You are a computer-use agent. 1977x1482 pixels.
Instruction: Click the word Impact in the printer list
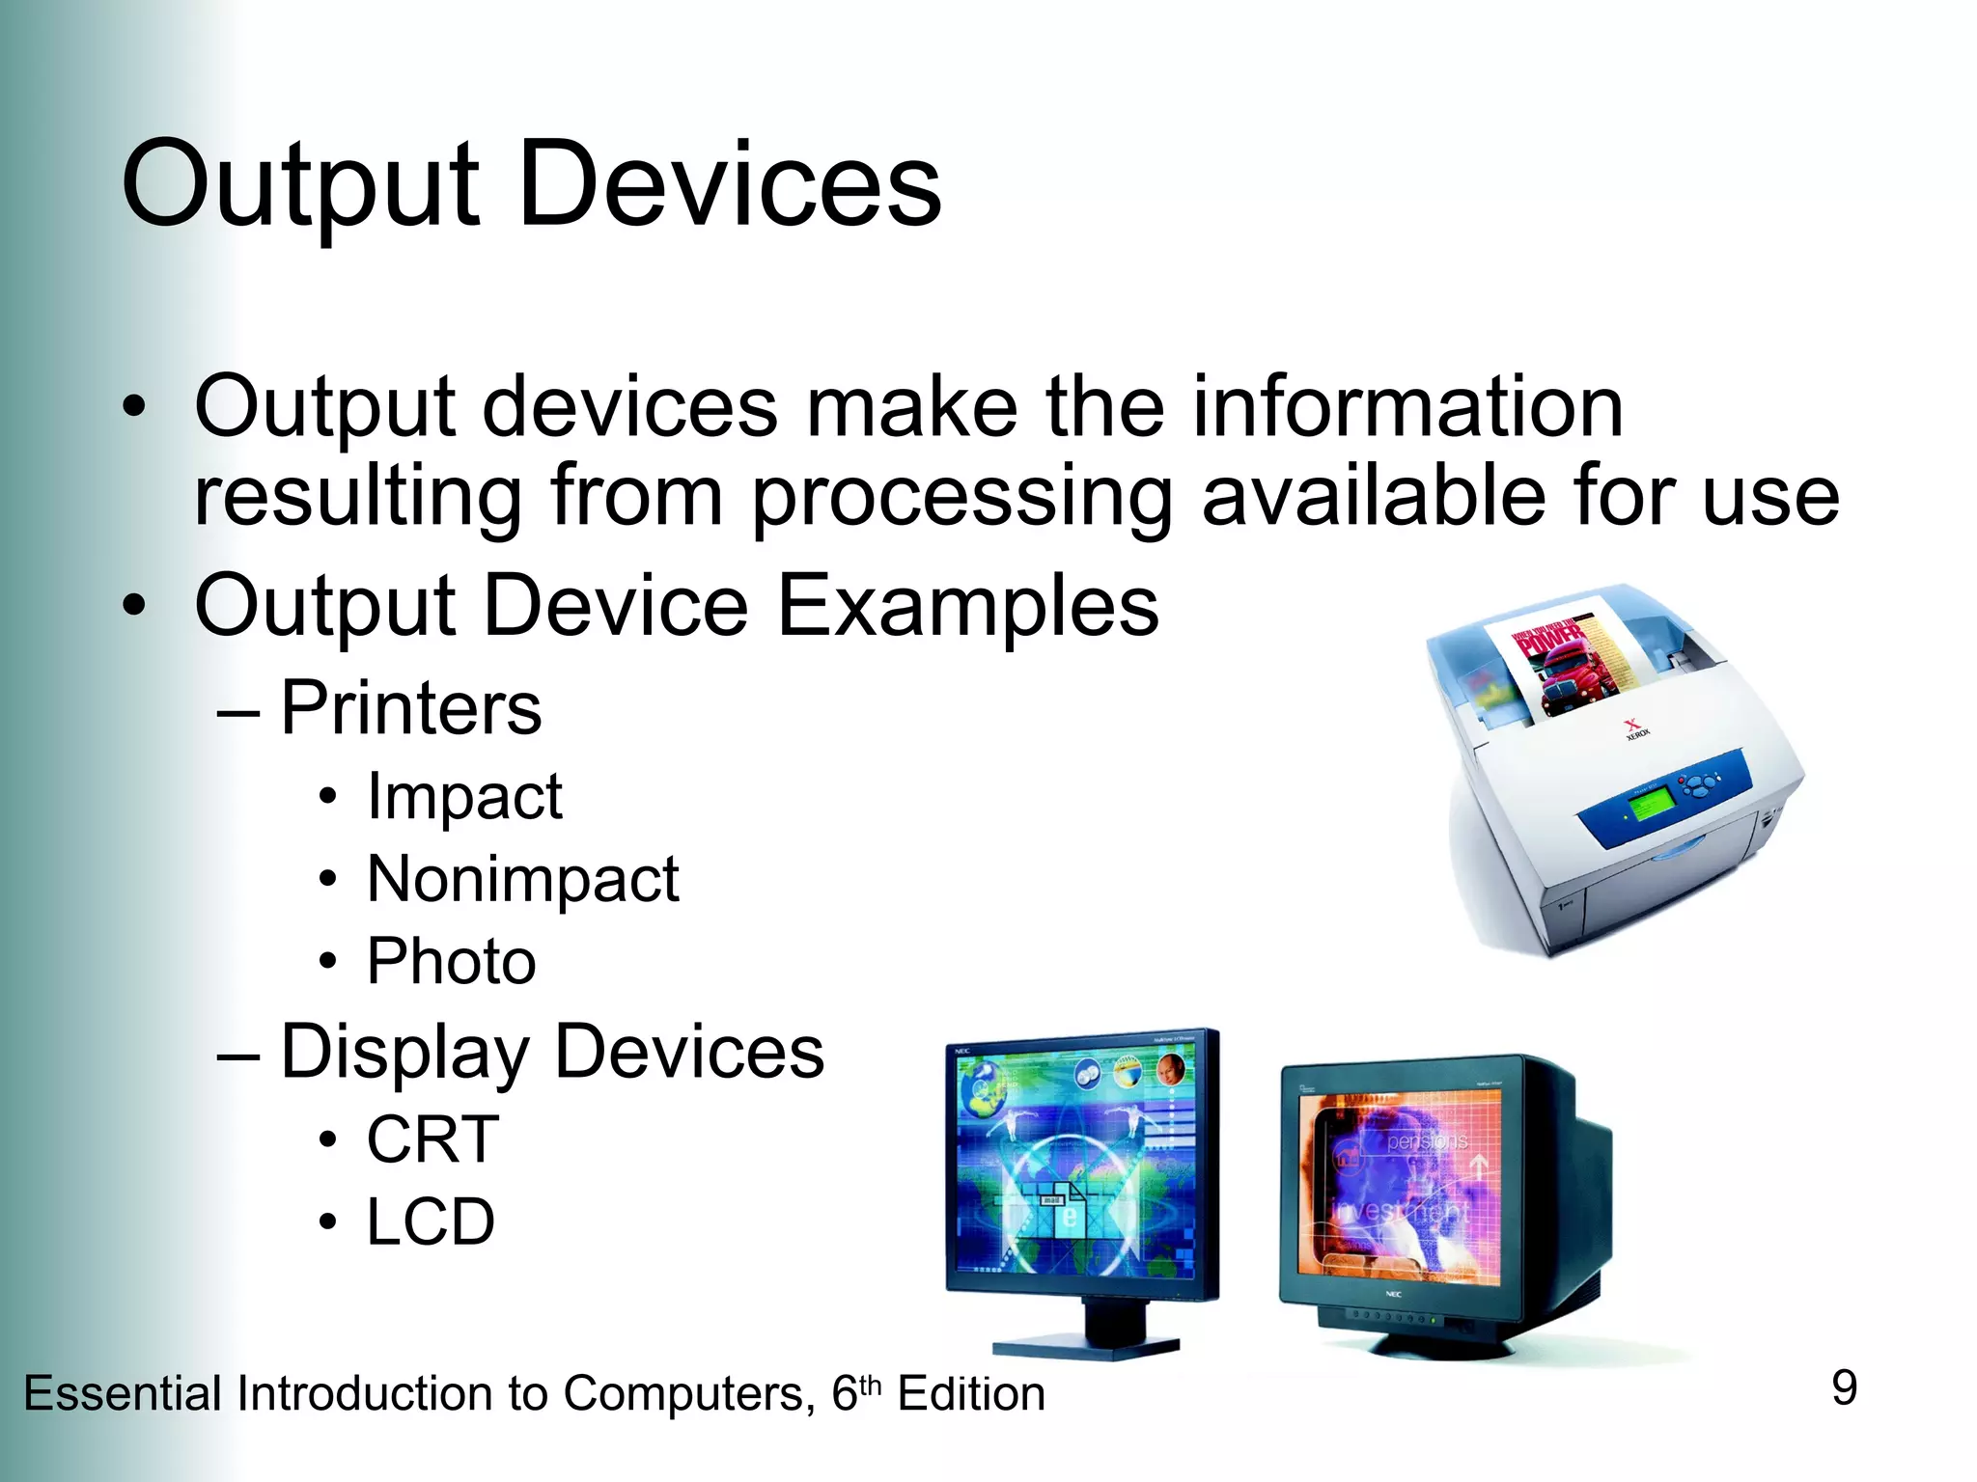[x=464, y=797]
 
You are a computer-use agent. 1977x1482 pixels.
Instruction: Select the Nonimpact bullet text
[x=523, y=879]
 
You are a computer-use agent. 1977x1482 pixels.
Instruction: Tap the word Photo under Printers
[x=451, y=961]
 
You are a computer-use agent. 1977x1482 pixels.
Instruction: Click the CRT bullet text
[x=432, y=1139]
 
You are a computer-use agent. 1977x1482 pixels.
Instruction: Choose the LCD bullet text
[x=431, y=1221]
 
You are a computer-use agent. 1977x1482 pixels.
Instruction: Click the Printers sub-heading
[x=410, y=707]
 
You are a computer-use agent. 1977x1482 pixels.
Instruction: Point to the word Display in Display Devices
[x=405, y=1052]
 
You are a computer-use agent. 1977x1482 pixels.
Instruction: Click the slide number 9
[x=1844, y=1388]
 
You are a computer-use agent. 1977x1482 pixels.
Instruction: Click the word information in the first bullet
[x=1407, y=407]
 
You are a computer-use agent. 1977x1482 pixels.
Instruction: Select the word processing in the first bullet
[x=961, y=497]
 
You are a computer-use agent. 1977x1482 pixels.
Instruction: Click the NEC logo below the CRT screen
[x=1393, y=1294]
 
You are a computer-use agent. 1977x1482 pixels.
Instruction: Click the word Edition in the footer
[x=971, y=1394]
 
